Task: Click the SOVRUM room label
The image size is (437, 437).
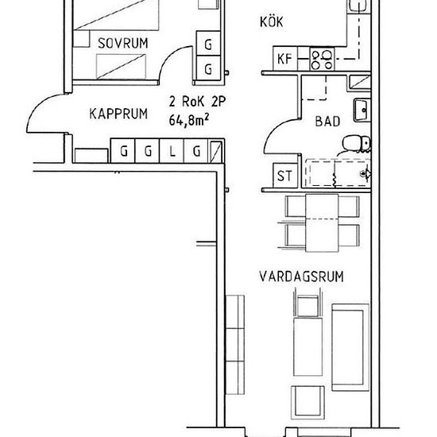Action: (122, 43)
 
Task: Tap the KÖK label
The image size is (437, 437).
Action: (272, 21)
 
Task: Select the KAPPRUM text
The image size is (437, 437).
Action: (118, 114)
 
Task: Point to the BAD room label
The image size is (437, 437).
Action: (327, 122)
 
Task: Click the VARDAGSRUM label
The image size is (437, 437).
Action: (301, 277)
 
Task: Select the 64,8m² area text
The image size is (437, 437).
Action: (188, 120)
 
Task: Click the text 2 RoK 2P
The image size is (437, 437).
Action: (197, 102)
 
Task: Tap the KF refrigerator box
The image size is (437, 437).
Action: (285, 59)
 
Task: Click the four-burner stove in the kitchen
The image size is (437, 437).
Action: (322, 59)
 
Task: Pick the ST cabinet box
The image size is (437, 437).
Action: (285, 176)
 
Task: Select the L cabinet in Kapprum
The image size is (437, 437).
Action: (172, 151)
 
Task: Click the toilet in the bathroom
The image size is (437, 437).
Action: (356, 144)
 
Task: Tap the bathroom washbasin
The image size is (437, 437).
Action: (362, 110)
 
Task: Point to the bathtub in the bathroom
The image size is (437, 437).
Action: (338, 173)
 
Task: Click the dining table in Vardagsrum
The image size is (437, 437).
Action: (322, 223)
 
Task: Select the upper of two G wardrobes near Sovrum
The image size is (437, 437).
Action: (208, 44)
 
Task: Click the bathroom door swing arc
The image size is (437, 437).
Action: (276, 131)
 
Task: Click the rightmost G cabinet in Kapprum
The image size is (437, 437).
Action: (196, 151)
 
